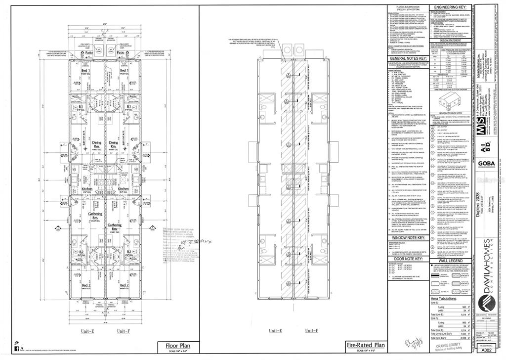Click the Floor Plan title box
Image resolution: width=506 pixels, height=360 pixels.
(x=176, y=346)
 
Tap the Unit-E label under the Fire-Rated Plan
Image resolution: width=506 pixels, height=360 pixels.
(x=278, y=330)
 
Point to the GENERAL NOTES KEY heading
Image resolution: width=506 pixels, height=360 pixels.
(x=407, y=58)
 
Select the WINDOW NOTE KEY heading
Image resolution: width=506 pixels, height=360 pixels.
(x=407, y=238)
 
